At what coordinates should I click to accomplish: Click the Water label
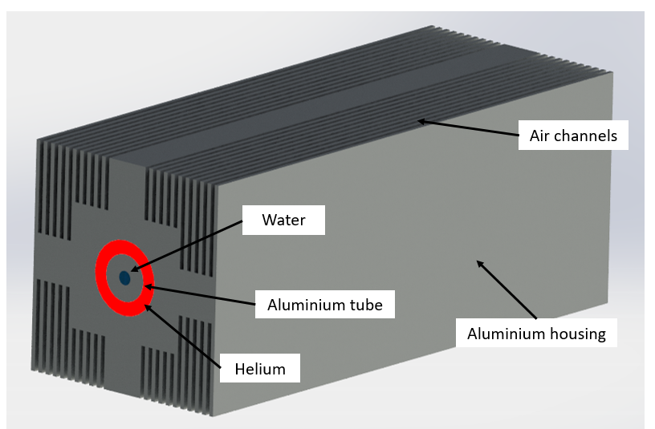pyautogui.click(x=283, y=220)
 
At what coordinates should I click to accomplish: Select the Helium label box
pyautogui.click(x=259, y=369)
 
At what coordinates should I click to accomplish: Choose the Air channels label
pyautogui.click(x=572, y=136)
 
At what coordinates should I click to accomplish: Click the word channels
pyautogui.click(x=588, y=136)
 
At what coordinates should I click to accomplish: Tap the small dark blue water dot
pyautogui.click(x=125, y=277)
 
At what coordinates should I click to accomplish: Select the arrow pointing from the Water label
pyautogui.click(x=185, y=249)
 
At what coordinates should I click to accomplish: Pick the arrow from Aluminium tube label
pyautogui.click(x=201, y=296)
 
